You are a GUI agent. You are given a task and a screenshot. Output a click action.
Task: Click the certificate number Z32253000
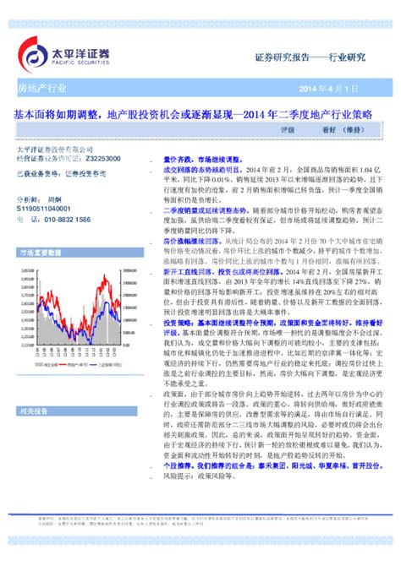(101, 158)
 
